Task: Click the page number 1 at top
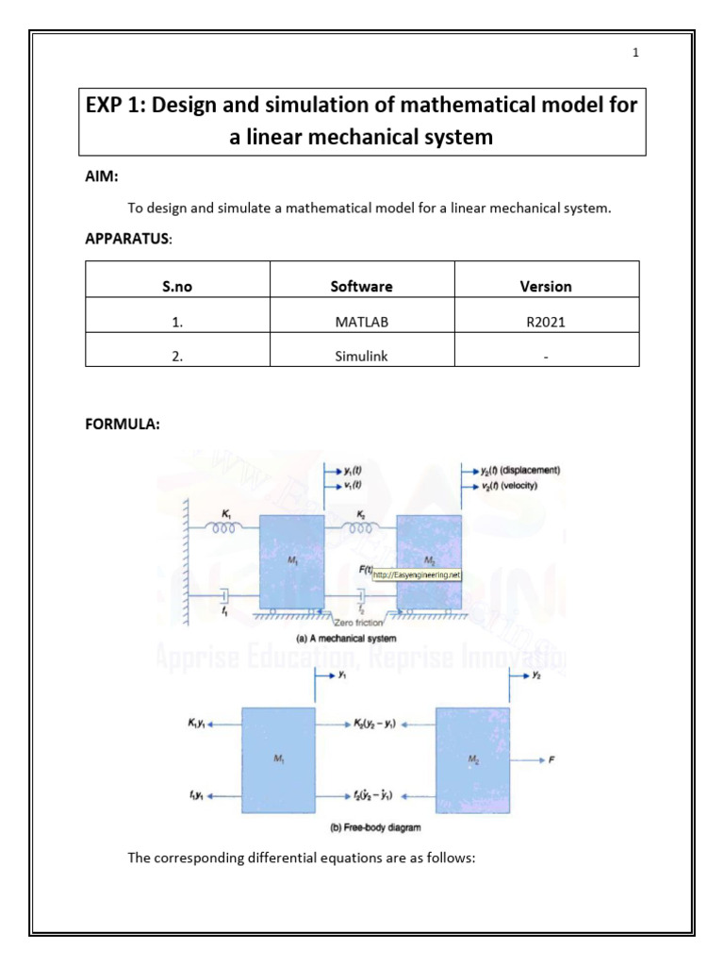pyautogui.click(x=635, y=53)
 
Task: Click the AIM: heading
pyautogui.click(x=102, y=176)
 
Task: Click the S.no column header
pyautogui.click(x=177, y=287)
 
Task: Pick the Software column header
pyautogui.click(x=362, y=287)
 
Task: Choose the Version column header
pyautogui.click(x=546, y=287)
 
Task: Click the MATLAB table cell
pyautogui.click(x=362, y=322)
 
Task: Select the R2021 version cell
pyautogui.click(x=546, y=322)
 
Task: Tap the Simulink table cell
pyautogui.click(x=362, y=356)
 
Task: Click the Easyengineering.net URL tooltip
pyautogui.click(x=417, y=574)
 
